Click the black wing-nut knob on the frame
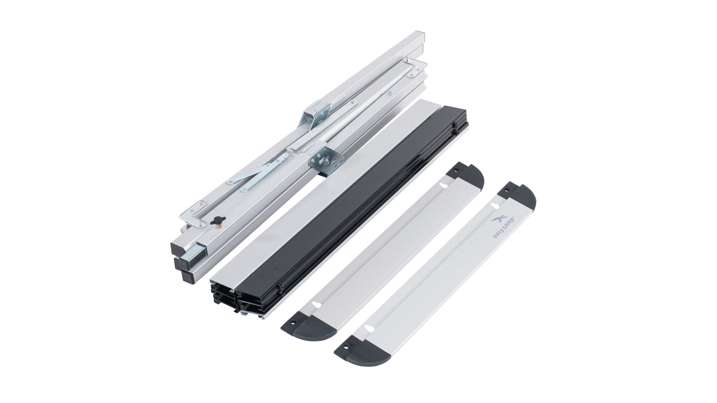217,220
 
